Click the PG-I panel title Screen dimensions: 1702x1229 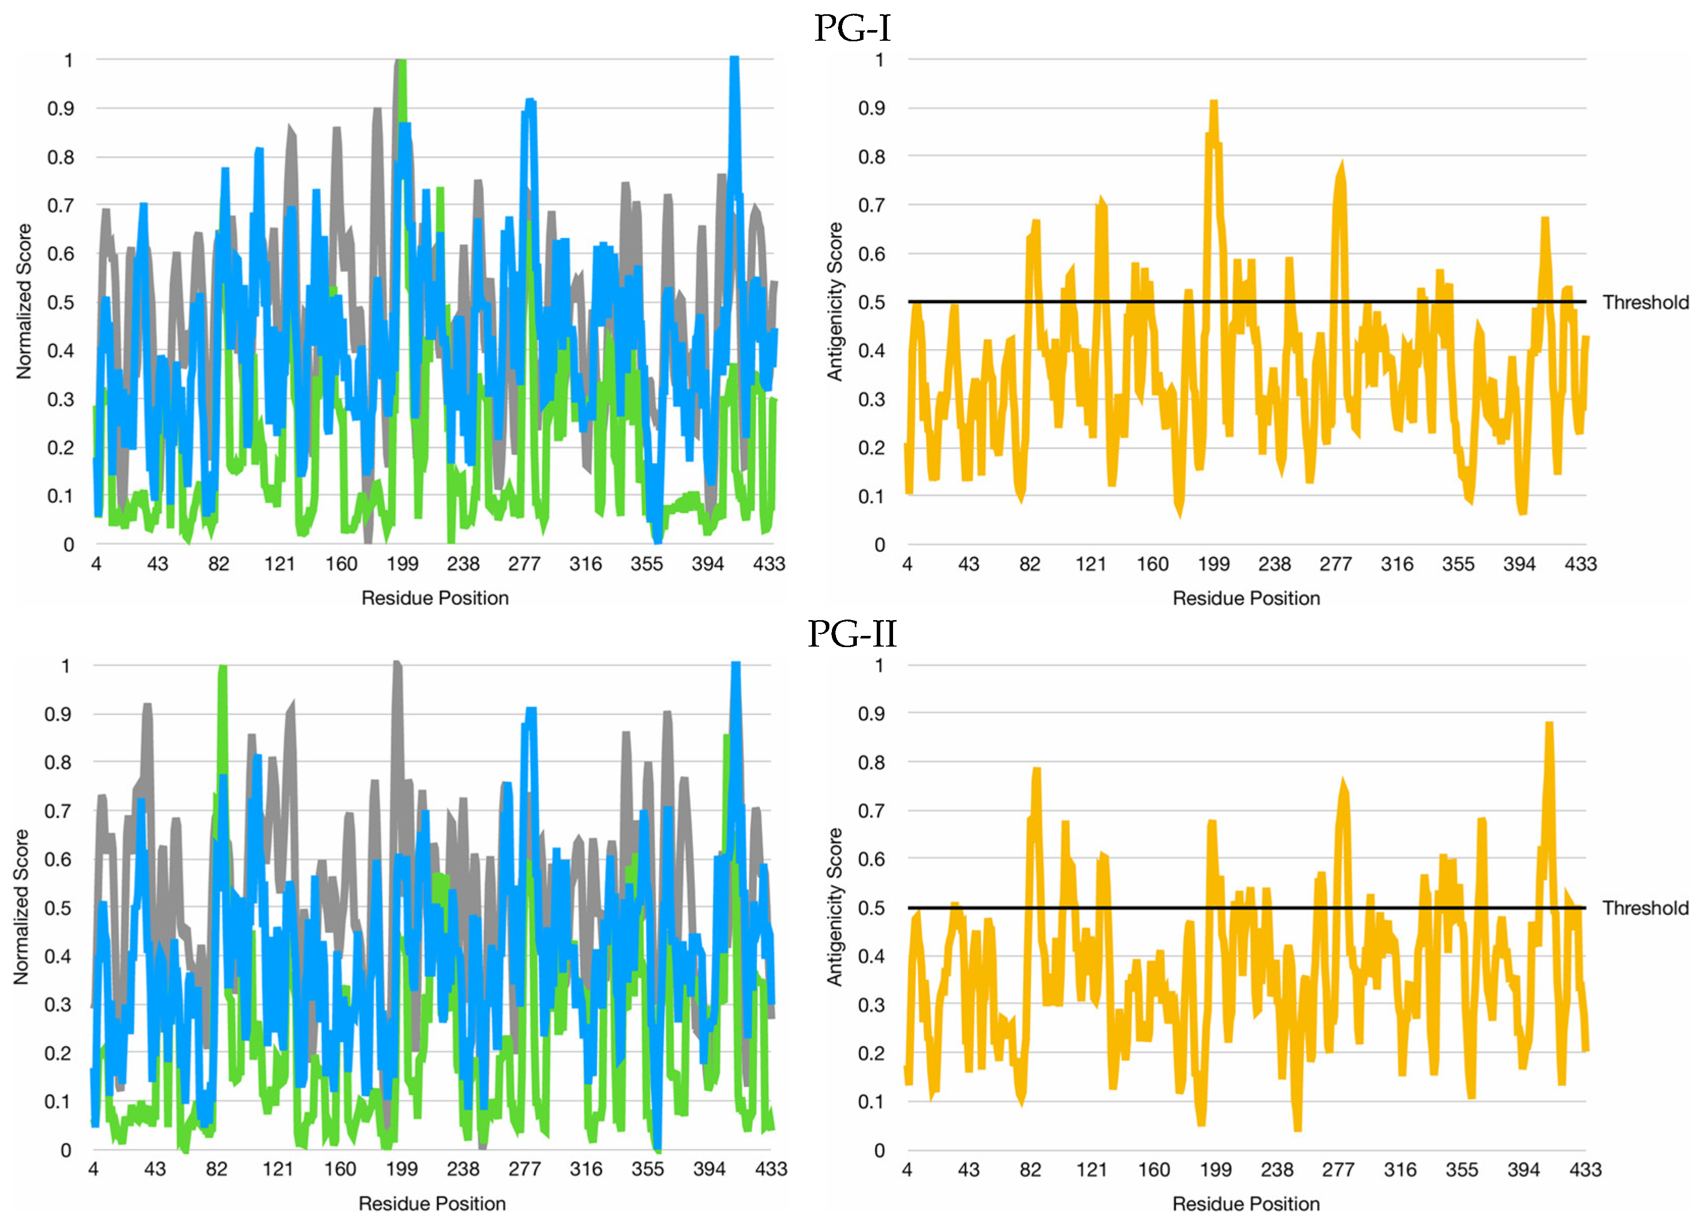(x=852, y=28)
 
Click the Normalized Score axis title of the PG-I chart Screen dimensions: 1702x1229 (x=24, y=301)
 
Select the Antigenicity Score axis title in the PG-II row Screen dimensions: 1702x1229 (x=834, y=907)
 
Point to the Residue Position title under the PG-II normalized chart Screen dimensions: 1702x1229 (x=433, y=1204)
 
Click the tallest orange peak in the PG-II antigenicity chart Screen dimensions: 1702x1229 (x=1549, y=724)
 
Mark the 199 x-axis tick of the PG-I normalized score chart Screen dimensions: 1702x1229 (x=402, y=564)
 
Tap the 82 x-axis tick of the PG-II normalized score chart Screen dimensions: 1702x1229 (x=217, y=1169)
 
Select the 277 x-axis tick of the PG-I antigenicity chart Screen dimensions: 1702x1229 (x=1336, y=564)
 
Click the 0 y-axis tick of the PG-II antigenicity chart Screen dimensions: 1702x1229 (x=879, y=1150)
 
